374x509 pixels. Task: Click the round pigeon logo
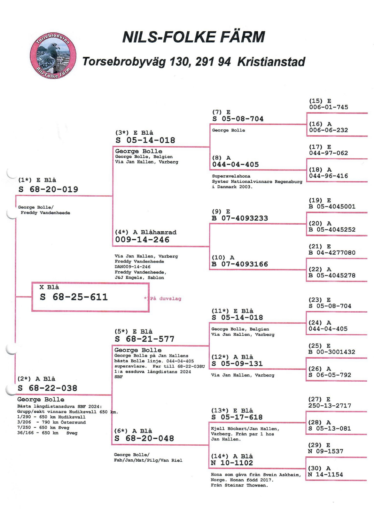53,56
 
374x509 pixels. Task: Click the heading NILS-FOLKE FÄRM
194,37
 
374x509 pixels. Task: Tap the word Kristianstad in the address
271,62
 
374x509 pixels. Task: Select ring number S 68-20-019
48,189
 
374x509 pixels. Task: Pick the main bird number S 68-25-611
74,297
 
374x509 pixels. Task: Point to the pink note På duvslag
166,299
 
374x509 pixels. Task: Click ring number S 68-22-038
47,388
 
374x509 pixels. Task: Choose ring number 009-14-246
142,240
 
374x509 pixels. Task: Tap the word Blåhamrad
159,232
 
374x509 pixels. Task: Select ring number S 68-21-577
144,339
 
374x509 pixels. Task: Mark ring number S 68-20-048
144,439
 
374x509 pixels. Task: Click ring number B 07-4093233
240,218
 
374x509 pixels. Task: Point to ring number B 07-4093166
240,264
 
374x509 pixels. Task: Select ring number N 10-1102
232,463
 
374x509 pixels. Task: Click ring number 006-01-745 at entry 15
329,107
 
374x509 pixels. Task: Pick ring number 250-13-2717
330,406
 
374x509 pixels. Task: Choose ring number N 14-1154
325,475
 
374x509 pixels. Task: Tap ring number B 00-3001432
332,352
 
